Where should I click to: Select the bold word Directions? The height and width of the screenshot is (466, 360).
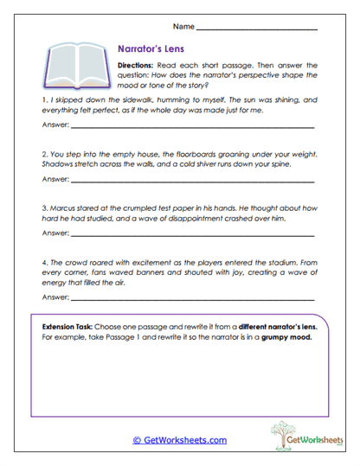[x=138, y=65]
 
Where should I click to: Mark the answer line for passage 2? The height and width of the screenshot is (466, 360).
[x=190, y=182]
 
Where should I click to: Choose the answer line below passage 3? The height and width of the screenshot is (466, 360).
[x=190, y=234]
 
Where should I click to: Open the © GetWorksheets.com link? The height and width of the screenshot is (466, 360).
[x=179, y=439]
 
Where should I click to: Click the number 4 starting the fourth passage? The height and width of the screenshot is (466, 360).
[x=43, y=259]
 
